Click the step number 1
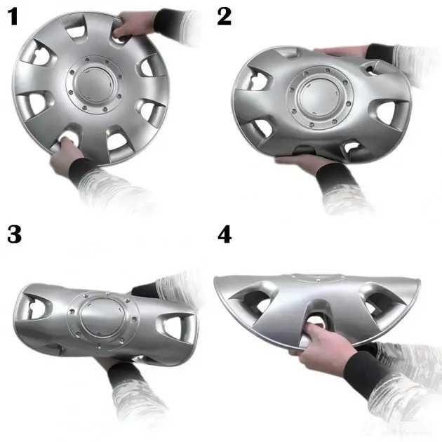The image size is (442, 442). [13, 16]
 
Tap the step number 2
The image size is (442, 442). [224, 16]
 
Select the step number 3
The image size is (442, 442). [14, 234]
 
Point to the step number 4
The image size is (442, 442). [225, 234]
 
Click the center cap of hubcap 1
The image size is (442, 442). [94, 83]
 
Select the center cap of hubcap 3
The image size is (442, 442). [102, 317]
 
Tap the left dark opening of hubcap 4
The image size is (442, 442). [254, 302]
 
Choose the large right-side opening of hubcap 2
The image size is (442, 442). [387, 112]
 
